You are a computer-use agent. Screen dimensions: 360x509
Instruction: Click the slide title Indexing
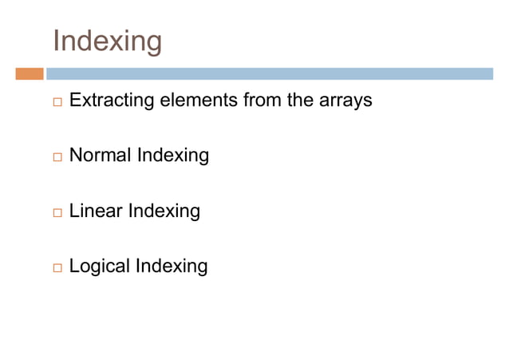tap(107, 41)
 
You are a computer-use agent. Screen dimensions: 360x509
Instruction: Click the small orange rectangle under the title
tap(29, 74)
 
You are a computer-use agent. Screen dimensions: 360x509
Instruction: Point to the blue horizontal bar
tap(269, 74)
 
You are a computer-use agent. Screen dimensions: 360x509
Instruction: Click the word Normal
tap(101, 156)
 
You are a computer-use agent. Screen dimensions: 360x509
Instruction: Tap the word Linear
tap(97, 212)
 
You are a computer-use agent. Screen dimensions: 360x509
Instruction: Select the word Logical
tap(100, 267)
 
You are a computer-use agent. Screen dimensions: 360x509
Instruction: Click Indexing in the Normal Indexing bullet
tap(172, 156)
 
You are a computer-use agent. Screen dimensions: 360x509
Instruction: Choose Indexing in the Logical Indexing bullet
tap(172, 267)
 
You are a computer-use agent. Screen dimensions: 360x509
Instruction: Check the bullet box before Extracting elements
tap(57, 103)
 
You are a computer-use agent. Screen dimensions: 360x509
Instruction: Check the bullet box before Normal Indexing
tap(57, 157)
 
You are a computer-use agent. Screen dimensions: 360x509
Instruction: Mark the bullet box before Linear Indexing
tap(57, 213)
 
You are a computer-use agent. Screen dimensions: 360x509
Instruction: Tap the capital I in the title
tap(56, 41)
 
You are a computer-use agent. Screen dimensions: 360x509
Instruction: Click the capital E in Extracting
tap(75, 101)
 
